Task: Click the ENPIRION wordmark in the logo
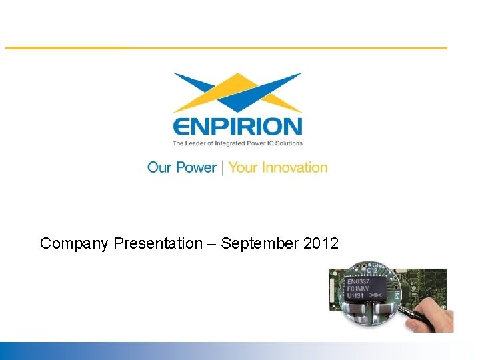tap(237, 126)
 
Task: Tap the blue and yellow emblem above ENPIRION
tap(237, 92)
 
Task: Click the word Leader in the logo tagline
tap(199, 143)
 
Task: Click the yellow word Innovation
tap(295, 167)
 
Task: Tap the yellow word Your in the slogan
tap(243, 167)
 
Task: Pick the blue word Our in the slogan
tap(160, 167)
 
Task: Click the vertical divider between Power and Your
tap(223, 167)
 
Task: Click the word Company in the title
tap(75, 244)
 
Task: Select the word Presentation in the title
tap(157, 244)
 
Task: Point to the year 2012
tap(321, 244)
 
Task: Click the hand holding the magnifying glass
tap(439, 319)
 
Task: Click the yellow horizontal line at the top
tap(227, 48)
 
